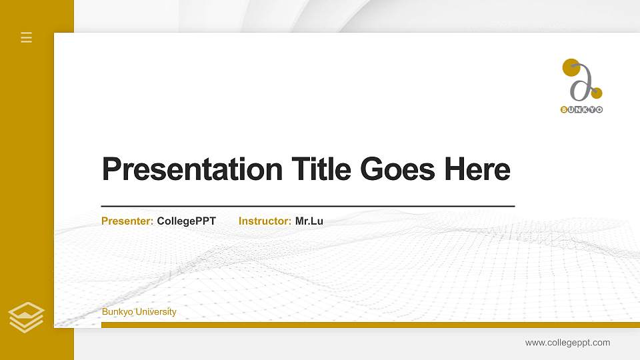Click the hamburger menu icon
tap(27, 37)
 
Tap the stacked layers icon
tap(27, 317)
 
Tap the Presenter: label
tap(127, 221)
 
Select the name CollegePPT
tap(187, 221)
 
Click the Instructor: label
tap(265, 221)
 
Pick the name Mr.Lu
tap(309, 221)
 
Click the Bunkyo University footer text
tap(139, 312)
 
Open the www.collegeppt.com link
tap(567, 343)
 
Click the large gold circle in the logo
tap(571, 67)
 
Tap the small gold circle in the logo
tap(597, 93)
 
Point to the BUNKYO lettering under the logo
tap(581, 109)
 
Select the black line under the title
tap(308, 207)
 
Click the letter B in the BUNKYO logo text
tap(564, 109)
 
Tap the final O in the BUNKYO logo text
tap(599, 109)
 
